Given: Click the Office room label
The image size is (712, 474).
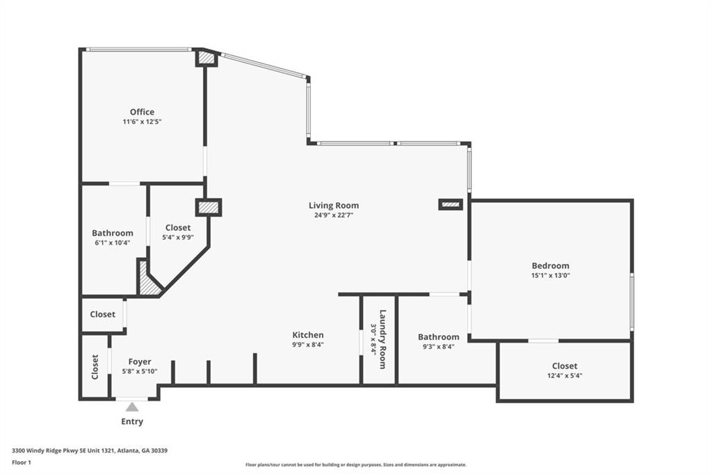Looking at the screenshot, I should pos(142,112).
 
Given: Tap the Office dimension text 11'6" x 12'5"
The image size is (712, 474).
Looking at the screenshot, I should pos(142,122).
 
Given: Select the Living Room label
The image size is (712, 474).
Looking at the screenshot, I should pos(334,205).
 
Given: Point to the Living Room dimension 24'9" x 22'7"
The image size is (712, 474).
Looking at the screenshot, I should pos(334,215).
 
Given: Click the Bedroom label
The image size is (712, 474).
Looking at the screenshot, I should pos(550,265).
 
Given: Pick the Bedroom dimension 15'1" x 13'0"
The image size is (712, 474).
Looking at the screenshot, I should pos(550,275).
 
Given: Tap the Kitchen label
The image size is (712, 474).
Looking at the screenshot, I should pos(307,335).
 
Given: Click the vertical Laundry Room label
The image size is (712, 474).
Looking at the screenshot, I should pos(382,332).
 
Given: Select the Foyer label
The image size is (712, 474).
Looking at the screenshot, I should pos(140,361).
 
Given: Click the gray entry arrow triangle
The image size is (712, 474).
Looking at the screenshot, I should pos(132,407).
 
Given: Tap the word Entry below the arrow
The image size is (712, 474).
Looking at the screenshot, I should pos(132,422).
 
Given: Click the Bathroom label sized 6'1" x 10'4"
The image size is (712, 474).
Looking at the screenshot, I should pos(112,233).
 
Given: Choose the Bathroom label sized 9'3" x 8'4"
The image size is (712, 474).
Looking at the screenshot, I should pos(438,337).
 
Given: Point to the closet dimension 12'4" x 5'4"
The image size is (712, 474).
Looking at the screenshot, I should pos(565,376).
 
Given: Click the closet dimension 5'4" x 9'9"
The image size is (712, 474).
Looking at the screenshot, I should pos(178,237).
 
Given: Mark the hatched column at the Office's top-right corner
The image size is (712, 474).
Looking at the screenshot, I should pos(207,59).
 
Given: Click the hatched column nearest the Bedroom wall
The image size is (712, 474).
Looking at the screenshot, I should pos(451,204).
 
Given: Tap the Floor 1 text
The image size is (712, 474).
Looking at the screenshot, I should pos(22,461).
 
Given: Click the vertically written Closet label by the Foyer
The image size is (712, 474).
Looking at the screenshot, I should pos(95,367).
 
